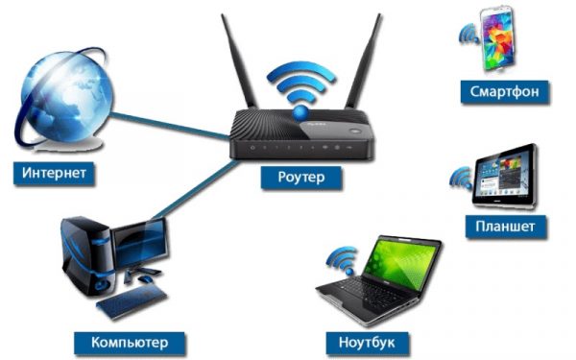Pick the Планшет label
click(x=505, y=227)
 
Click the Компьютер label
click(x=130, y=341)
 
